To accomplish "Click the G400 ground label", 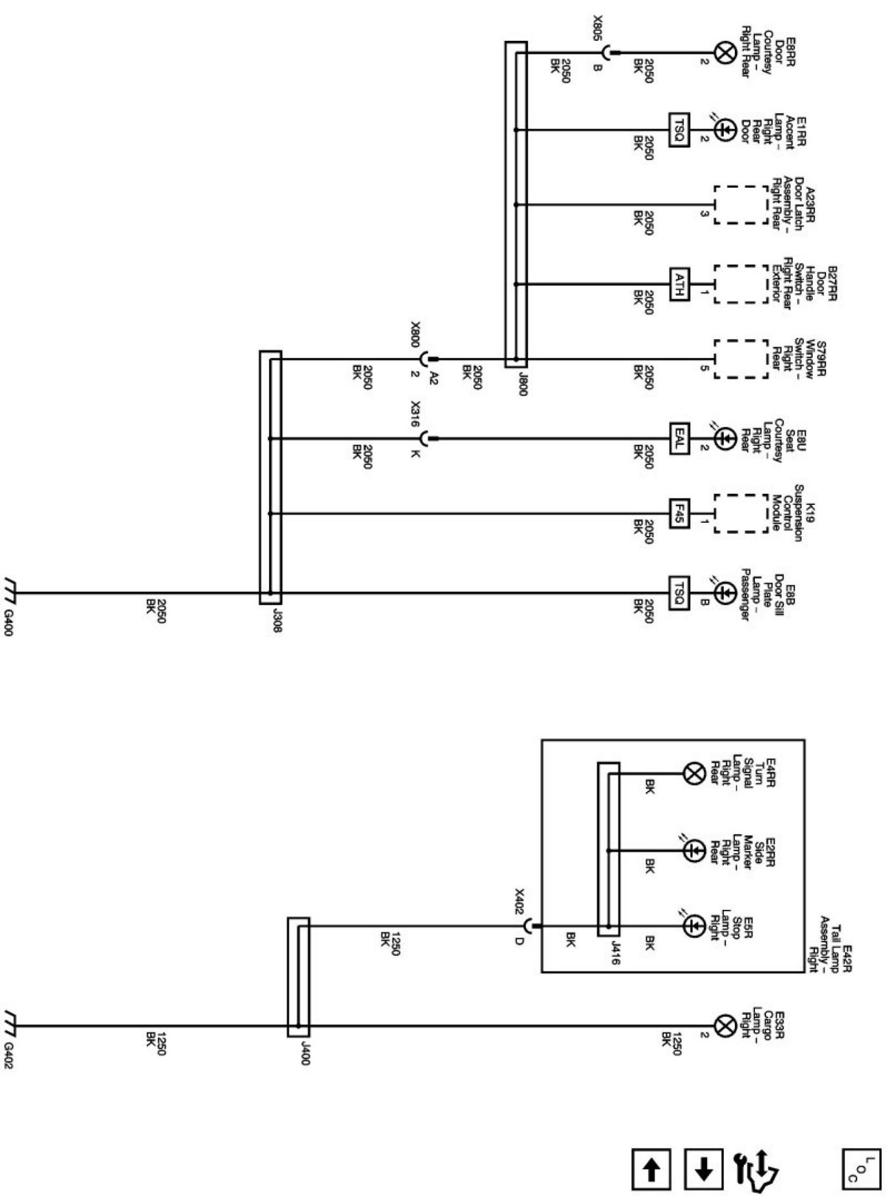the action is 8,622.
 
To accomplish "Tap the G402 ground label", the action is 8,1056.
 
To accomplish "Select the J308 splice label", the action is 277,622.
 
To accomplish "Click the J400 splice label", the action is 305,1056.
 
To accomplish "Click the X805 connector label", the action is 597,28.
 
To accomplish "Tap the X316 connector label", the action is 415,412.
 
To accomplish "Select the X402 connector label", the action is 519,902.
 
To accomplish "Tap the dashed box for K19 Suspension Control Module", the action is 741,515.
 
